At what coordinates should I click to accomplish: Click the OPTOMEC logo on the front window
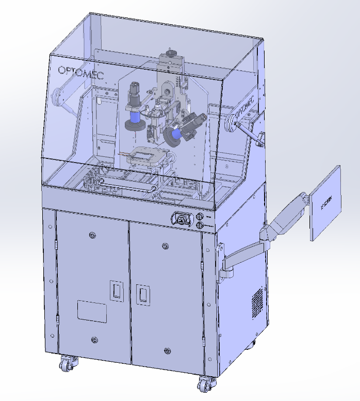[x=80, y=72]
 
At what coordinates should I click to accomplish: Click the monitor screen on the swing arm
[x=326, y=203]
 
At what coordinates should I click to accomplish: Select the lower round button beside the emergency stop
[x=200, y=226]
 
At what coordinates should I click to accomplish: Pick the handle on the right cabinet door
[x=142, y=295]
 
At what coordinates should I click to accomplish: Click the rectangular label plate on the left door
[x=92, y=312]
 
